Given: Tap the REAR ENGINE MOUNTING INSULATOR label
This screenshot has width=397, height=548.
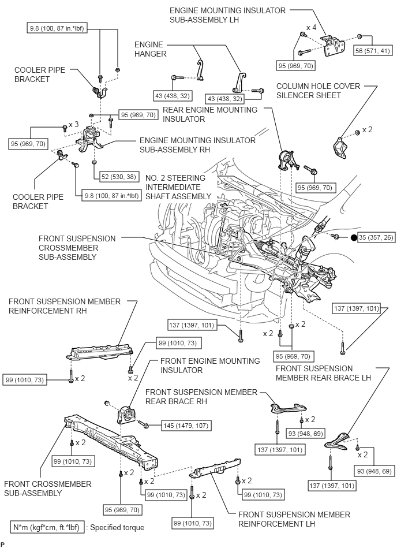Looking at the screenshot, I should click(210, 114).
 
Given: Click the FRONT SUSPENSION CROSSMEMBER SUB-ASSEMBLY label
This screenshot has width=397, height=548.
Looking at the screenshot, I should click(77, 247).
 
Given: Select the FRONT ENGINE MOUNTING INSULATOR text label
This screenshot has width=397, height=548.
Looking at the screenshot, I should click(210, 365).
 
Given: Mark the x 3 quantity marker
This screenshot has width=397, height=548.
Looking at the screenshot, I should click(73, 125).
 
